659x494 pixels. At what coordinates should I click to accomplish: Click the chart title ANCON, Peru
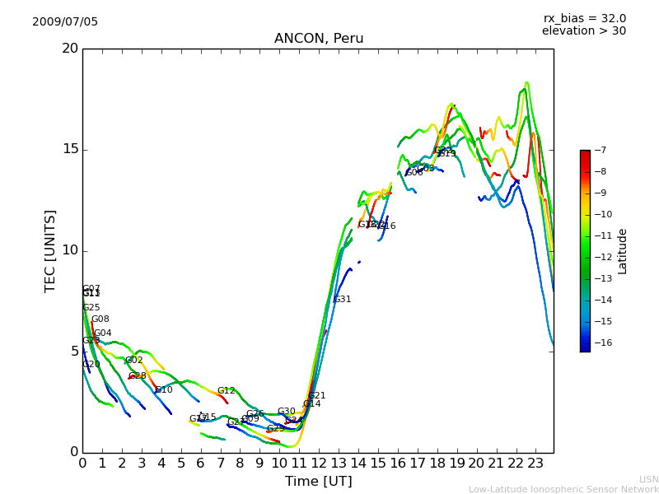coord(319,39)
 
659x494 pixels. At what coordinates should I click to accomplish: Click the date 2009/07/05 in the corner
coord(65,21)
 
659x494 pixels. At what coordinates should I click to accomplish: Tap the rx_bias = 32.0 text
coord(584,18)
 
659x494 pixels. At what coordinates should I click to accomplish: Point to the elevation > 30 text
coord(583,31)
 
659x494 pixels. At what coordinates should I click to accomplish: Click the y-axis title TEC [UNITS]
coord(50,250)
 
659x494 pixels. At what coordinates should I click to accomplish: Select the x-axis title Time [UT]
coord(318,482)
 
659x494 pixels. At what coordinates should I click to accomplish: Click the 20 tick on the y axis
coord(70,49)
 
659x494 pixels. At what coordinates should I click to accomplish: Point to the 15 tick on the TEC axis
coord(70,149)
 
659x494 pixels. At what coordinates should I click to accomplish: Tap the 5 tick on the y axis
coord(73,352)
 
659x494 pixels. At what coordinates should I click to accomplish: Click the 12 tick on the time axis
coord(319,463)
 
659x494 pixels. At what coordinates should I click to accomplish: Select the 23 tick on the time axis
coord(535,463)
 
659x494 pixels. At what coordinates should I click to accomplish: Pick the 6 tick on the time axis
coord(200,463)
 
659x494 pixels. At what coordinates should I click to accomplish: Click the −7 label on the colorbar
coord(600,150)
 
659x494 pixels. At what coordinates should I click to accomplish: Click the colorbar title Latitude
coord(623,250)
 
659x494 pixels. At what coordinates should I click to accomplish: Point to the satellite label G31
coord(343,300)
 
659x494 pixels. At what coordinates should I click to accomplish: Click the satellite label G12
coord(227,390)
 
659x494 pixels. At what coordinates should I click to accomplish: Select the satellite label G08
coord(100,319)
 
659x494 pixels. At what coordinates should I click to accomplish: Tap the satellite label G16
coord(386,226)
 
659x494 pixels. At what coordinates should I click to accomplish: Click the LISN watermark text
coord(648,479)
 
